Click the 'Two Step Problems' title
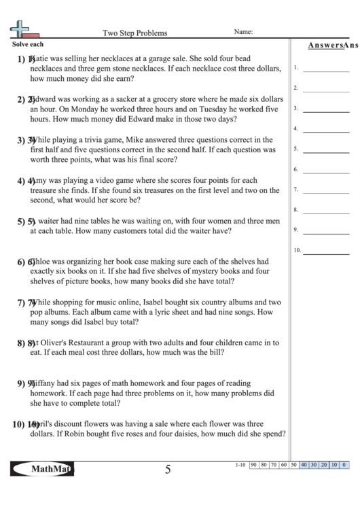click(x=134, y=32)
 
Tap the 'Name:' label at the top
click(x=243, y=31)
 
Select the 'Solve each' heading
click(x=27, y=43)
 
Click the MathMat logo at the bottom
click(x=43, y=469)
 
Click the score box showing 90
click(x=253, y=465)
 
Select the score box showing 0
click(x=344, y=465)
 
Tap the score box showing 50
click(x=293, y=465)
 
